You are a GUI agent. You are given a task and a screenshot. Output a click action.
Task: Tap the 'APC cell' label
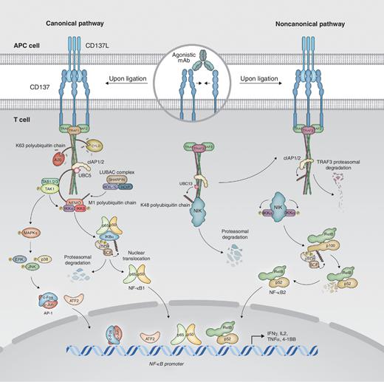pos(21,44)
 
